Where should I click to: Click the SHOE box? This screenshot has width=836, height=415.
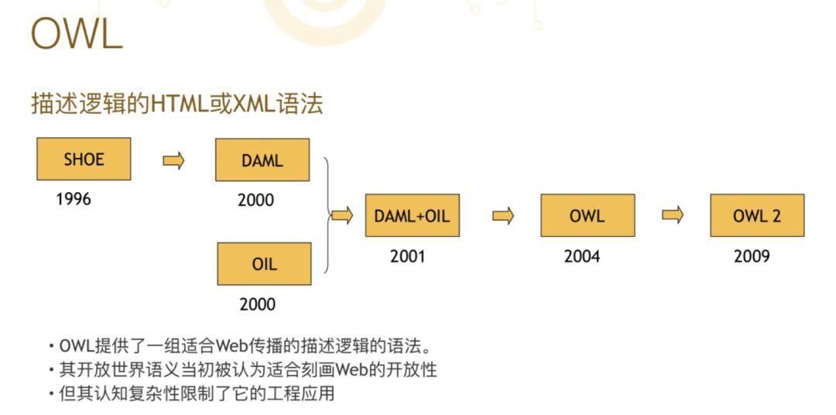click(x=84, y=159)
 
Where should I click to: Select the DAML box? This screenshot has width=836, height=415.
click(x=262, y=160)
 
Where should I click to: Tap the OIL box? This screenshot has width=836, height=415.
click(x=264, y=263)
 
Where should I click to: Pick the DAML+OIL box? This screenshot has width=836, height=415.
click(x=412, y=215)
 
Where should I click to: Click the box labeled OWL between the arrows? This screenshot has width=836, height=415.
click(x=588, y=215)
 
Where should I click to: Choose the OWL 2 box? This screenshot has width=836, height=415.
click(x=756, y=215)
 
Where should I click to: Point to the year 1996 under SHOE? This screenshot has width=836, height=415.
click(x=74, y=199)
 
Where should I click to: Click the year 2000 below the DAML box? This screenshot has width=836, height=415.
click(x=255, y=201)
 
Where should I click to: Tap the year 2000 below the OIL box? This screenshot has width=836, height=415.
click(x=257, y=304)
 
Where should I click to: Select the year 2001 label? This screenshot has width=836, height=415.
click(x=408, y=256)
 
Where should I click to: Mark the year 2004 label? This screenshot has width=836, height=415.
click(x=582, y=256)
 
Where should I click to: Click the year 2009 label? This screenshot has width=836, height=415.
click(x=752, y=256)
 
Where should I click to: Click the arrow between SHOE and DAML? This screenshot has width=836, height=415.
click(x=173, y=160)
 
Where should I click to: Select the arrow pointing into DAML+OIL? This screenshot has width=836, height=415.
click(x=342, y=216)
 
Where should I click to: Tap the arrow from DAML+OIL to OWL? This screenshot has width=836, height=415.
click(x=503, y=216)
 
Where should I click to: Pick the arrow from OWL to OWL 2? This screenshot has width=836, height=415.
click(x=673, y=215)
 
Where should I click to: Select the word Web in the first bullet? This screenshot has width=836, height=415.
click(x=231, y=345)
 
